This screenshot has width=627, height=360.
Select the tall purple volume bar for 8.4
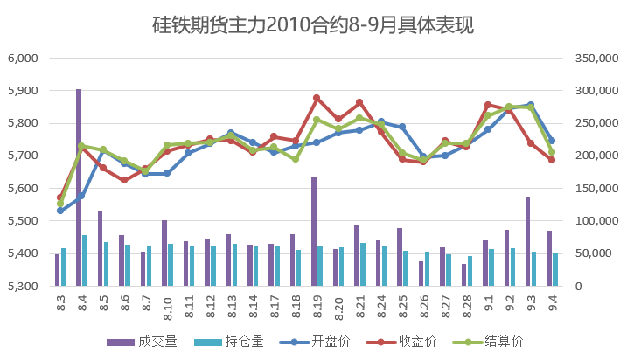(79, 187)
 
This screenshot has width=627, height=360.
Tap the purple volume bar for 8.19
(314, 232)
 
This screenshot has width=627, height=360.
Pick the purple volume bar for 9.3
(528, 241)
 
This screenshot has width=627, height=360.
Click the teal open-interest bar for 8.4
(85, 260)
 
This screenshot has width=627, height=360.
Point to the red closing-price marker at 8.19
(317, 98)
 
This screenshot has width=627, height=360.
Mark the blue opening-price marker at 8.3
(60, 211)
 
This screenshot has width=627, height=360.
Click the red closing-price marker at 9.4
(552, 160)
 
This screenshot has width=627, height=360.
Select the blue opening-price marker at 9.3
(531, 105)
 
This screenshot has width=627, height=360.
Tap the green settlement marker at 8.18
(296, 159)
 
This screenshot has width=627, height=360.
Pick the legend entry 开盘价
(320, 341)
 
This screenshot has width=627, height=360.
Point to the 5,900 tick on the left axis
(25, 91)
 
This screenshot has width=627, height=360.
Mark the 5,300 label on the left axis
(25, 286)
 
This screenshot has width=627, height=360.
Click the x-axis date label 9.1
(488, 304)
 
